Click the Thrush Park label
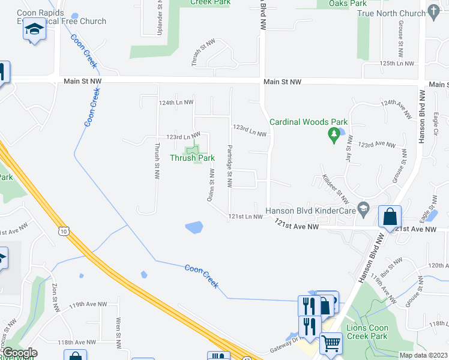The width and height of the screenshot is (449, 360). click(x=192, y=158)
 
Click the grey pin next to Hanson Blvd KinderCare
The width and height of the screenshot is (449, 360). click(x=363, y=209)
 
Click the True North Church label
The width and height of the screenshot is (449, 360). click(x=391, y=13)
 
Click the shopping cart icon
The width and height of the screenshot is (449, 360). click(x=331, y=343)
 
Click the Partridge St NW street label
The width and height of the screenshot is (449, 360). click(x=230, y=166)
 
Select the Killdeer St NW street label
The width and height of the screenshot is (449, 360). click(x=335, y=188)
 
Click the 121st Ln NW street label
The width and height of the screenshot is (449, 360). click(x=245, y=217)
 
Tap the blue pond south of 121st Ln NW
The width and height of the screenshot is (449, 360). click(x=194, y=227)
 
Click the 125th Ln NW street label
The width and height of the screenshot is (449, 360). click(x=397, y=63)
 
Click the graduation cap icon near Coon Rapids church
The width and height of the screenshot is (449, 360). click(x=34, y=30)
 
